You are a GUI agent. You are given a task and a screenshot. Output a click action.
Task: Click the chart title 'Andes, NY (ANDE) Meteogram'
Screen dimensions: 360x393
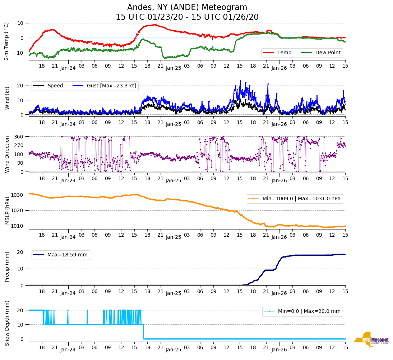pyautogui.click(x=187, y=8)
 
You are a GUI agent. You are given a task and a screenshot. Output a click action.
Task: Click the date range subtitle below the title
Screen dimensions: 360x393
pyautogui.click(x=187, y=17)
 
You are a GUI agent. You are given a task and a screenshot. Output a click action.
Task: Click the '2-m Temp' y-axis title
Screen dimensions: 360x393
pyautogui.click(x=6, y=41)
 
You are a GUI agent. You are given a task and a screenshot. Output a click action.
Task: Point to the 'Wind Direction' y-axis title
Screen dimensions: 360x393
pyautogui.click(x=7, y=154)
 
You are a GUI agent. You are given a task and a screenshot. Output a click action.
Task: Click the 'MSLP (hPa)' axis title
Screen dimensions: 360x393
pyautogui.click(x=7, y=210)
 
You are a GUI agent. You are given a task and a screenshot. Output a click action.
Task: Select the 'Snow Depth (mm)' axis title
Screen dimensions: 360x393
pyautogui.click(x=7, y=323)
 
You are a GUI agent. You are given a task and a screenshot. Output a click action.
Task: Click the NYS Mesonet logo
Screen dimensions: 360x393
pyautogui.click(x=371, y=340)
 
